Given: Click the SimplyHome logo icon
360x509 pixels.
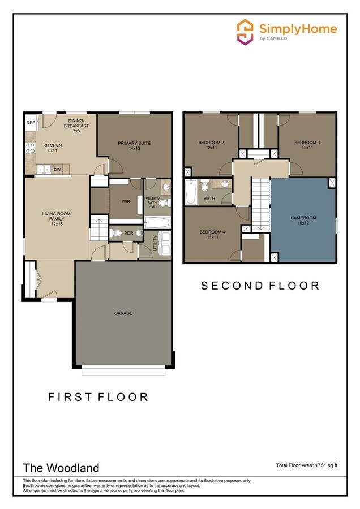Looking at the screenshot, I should tap(245, 32).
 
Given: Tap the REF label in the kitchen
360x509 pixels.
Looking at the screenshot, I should tap(30, 122).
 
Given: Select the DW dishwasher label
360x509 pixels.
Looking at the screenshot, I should tap(57, 169).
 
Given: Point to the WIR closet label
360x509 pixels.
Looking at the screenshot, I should tap(126, 201).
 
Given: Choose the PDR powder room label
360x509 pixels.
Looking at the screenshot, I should tap(128, 233).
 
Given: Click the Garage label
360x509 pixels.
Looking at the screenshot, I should tap(123, 313).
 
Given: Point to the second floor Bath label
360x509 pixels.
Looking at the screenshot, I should tap(209, 199).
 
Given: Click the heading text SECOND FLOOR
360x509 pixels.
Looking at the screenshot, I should tap(260, 286).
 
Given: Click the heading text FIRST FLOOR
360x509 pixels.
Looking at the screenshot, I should tap(98, 397).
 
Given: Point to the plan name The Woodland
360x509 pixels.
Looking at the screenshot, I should tap(61, 468).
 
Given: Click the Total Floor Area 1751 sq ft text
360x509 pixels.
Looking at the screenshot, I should tap(306, 465).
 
